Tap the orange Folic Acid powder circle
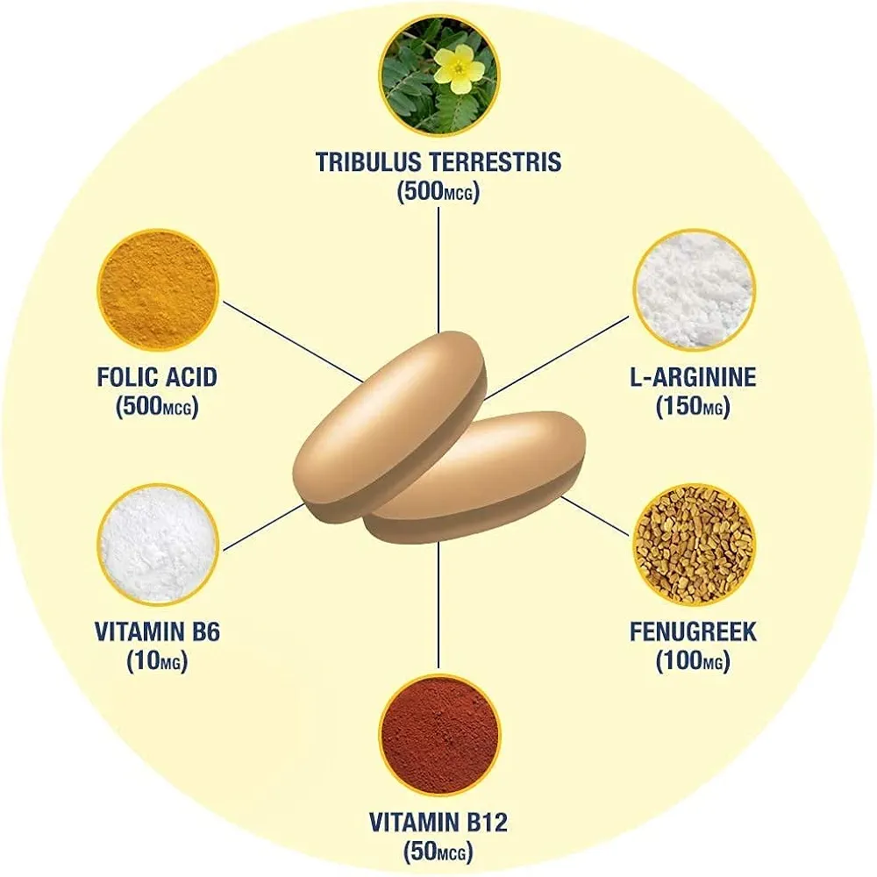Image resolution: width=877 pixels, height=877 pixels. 158,290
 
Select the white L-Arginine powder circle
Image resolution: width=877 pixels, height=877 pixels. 694,289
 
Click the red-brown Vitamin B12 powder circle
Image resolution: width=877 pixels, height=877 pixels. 439,735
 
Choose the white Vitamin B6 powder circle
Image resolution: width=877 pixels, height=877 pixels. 158,545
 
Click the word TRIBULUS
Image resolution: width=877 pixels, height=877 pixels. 368,161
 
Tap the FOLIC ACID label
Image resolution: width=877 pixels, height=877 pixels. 157,377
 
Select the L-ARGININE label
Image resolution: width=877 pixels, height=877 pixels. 693,377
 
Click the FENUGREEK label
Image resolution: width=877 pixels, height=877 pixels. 694,631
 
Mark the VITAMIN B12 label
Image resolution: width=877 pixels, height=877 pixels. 438,823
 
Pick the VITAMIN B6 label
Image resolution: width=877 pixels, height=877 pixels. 158,632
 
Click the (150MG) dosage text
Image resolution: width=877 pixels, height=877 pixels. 693,407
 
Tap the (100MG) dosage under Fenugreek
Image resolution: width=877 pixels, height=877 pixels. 693,661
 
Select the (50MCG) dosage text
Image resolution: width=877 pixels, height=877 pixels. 438,852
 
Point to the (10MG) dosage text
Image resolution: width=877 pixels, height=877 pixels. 158,661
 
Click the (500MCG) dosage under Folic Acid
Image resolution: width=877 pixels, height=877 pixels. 157,407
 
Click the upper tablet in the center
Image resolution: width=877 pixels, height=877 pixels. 389,427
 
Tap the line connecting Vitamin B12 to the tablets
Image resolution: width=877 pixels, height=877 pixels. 438,604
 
